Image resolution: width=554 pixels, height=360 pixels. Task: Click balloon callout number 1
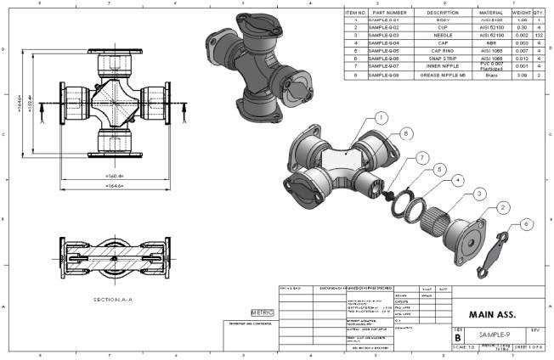pos(382,117)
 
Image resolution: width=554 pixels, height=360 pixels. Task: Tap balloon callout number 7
pos(423,156)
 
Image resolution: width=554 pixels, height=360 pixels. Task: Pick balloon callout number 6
pos(528,223)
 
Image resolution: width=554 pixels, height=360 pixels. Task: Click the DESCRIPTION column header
pos(443,13)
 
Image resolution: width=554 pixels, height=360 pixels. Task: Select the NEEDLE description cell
pos(443,35)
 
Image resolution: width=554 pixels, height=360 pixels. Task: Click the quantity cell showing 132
pos(539,35)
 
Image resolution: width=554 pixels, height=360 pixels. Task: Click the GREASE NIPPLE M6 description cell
pos(443,75)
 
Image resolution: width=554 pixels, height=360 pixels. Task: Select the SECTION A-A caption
pos(111,299)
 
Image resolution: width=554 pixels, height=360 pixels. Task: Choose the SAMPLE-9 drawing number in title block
pos(497,335)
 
